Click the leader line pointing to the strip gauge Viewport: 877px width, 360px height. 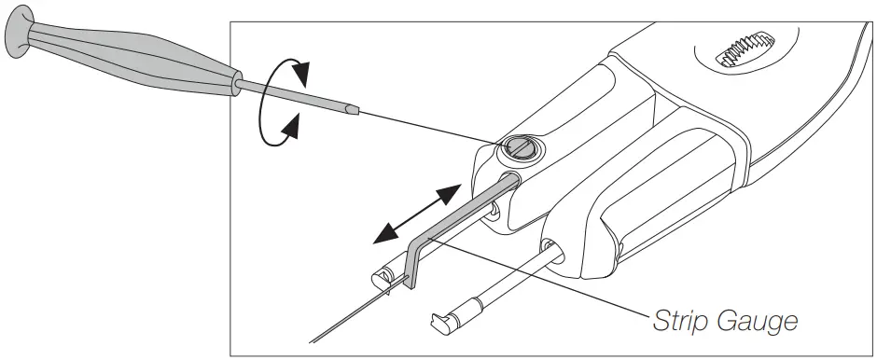coord(541,280)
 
